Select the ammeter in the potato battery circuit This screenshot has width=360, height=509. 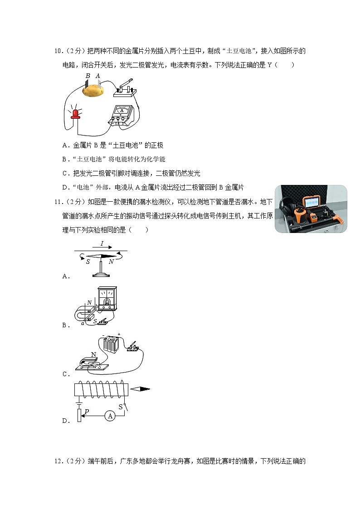(121, 116)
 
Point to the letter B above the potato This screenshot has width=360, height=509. (88, 76)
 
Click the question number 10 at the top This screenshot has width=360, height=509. (58, 51)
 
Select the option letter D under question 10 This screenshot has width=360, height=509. (65, 187)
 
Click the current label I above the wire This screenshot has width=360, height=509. (102, 243)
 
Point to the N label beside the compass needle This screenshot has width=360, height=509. (112, 262)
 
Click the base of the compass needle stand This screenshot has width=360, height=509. (100, 274)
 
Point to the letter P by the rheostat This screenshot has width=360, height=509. (87, 411)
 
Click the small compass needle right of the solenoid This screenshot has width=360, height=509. (141, 388)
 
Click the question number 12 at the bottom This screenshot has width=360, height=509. (58, 461)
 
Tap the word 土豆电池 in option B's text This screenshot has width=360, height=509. (87, 159)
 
